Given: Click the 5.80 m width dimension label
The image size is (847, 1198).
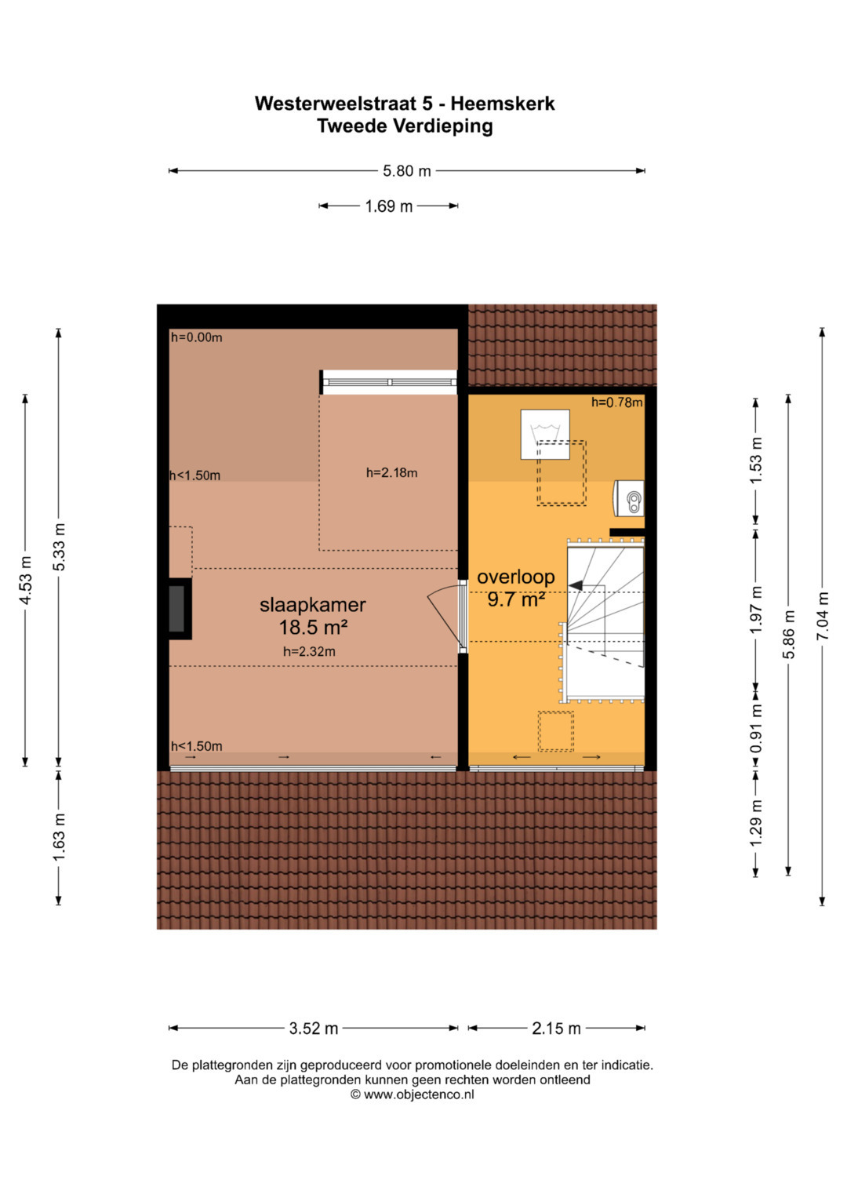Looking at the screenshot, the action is tap(406, 171).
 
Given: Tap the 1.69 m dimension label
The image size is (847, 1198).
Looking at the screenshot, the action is tap(389, 206).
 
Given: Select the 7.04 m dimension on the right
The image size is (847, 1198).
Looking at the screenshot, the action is tap(823, 616).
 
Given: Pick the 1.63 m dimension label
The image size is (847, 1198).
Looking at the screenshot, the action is tap(59, 837).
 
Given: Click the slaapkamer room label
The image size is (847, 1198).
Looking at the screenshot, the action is tap(313, 605).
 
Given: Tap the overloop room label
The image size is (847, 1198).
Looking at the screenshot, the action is tap(515, 577).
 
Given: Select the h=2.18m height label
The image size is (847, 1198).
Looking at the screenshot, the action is tap(391, 473).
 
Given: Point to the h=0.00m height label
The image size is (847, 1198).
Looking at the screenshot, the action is tap(196, 337).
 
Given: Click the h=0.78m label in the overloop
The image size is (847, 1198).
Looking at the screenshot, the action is tap(616, 402).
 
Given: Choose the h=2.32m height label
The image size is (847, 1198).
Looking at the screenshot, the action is tap(309, 651).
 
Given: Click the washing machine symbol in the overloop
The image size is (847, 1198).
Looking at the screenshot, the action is tap(545, 435).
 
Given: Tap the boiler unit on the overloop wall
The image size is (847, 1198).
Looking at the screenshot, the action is tap(628, 498).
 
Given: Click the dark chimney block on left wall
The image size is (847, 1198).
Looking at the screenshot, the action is tap(177, 609).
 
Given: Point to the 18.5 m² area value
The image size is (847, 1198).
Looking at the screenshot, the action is tap(314, 628).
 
